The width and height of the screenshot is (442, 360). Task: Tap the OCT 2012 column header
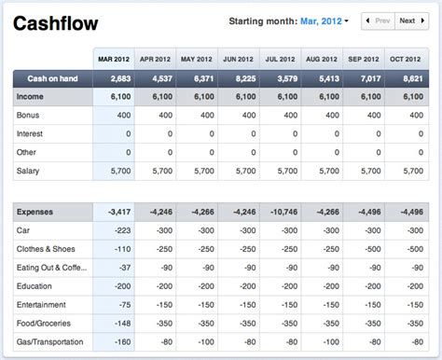pos(410,58)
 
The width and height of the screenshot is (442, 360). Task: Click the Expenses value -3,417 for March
pos(119,211)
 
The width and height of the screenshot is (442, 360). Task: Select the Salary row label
pos(29,171)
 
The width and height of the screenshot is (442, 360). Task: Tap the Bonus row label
pos(29,115)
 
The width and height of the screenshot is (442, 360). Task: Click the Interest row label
pos(31,133)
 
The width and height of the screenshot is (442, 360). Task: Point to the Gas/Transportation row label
pos(52,341)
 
